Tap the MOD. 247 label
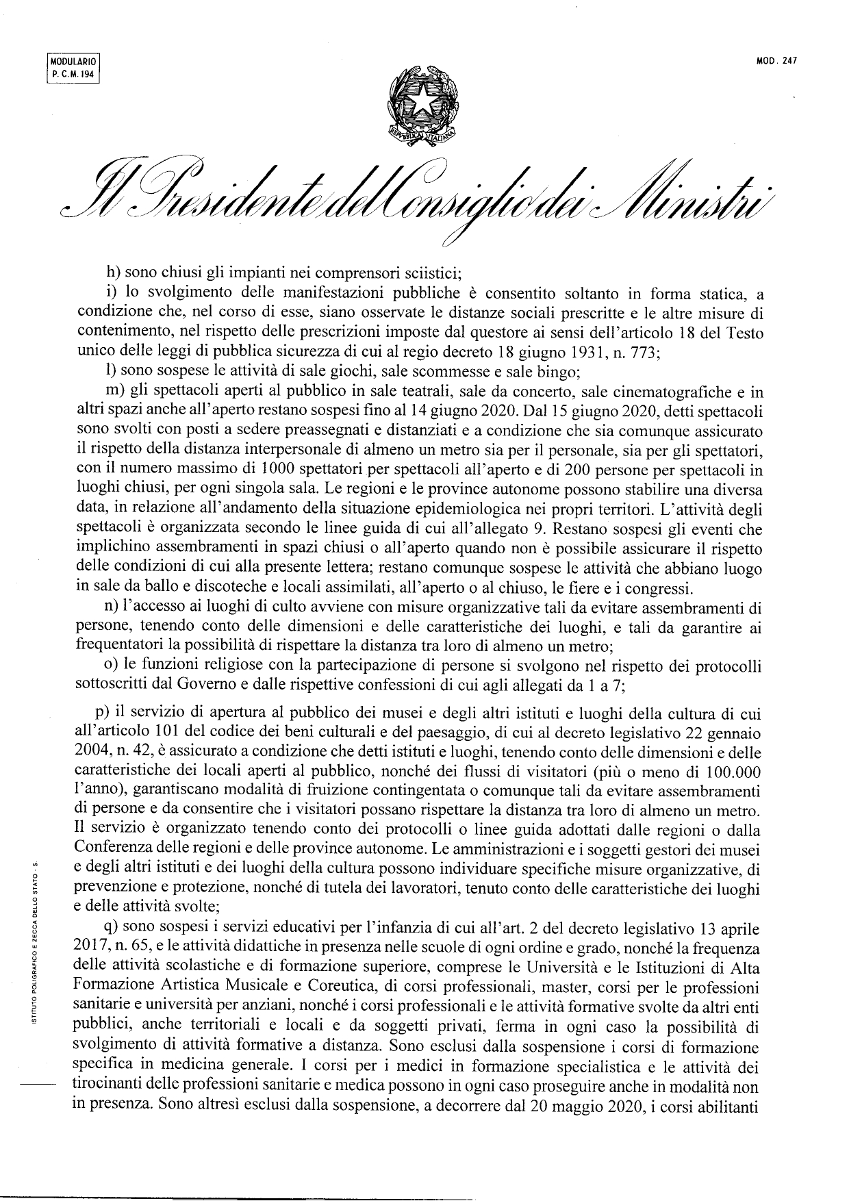(x=777, y=61)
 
